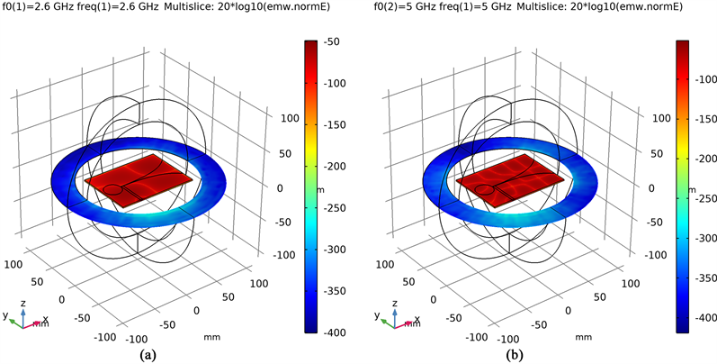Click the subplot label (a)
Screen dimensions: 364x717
click(x=147, y=354)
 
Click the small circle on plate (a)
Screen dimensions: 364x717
click(x=112, y=190)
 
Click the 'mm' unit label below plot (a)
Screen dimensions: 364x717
click(x=212, y=337)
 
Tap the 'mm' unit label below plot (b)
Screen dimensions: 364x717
click(x=583, y=337)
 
